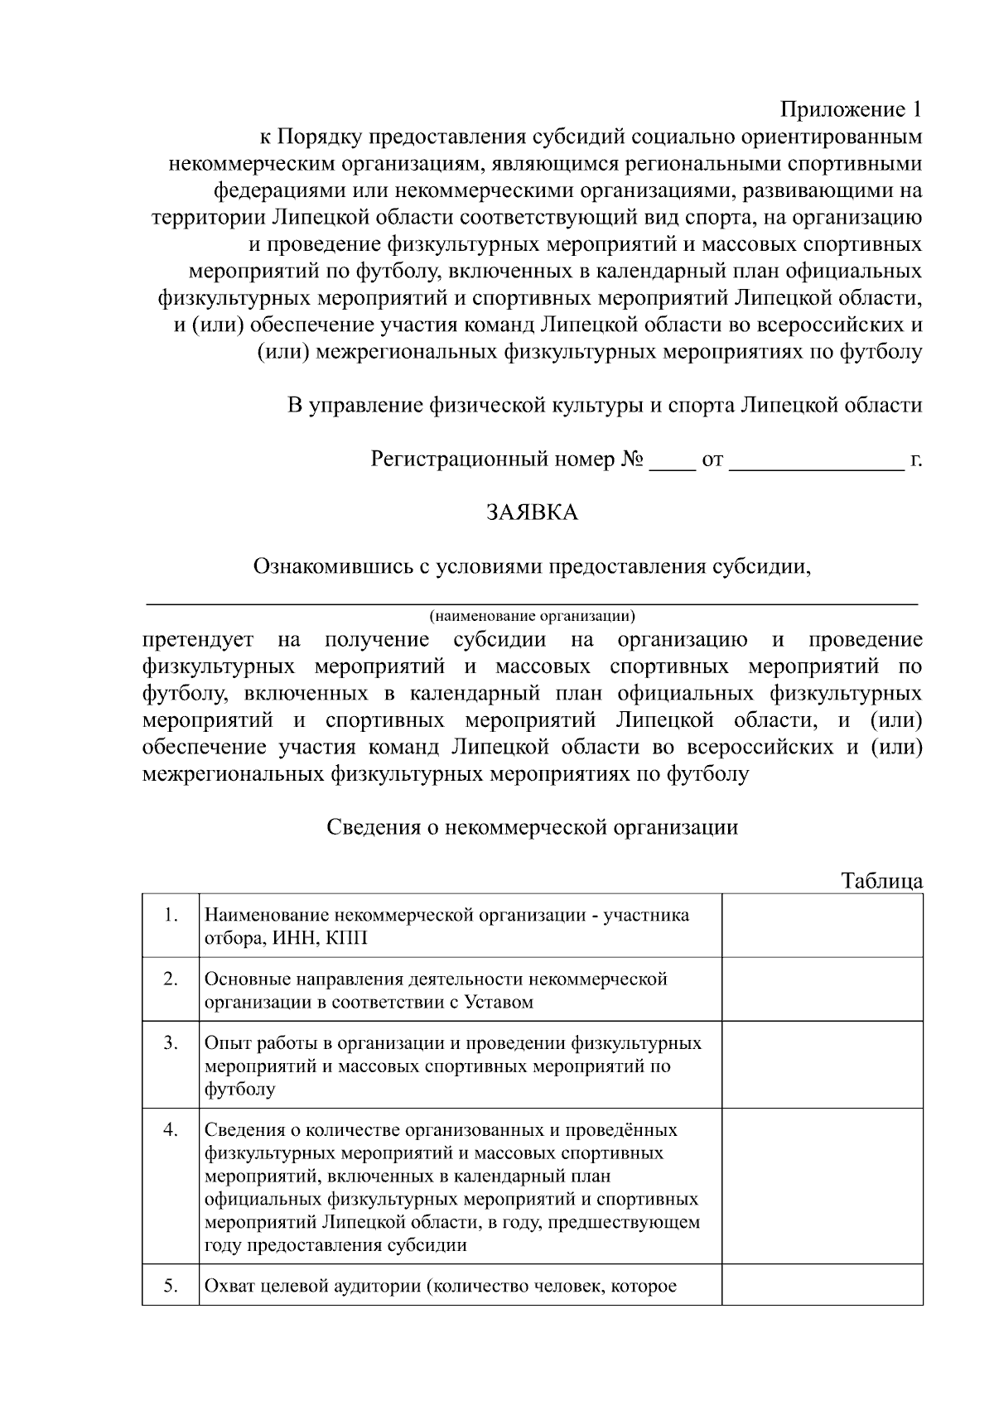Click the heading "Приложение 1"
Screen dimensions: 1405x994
pyautogui.click(x=851, y=110)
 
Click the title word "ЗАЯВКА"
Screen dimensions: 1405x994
pyautogui.click(x=532, y=512)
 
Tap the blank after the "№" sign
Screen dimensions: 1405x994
pyautogui.click(x=672, y=462)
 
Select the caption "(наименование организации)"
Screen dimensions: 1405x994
pyautogui.click(x=532, y=616)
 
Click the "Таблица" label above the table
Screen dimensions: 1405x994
pyautogui.click(x=881, y=880)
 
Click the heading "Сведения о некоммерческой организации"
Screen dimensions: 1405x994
pyautogui.click(x=532, y=827)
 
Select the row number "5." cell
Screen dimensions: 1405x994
pyautogui.click(x=171, y=1286)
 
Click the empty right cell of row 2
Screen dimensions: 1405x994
pyautogui.click(x=822, y=989)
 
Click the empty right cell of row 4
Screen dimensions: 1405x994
pyautogui.click(x=822, y=1186)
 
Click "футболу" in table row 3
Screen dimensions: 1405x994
pyautogui.click(x=239, y=1090)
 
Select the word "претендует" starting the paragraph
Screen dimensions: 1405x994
pyautogui.click(x=193, y=640)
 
